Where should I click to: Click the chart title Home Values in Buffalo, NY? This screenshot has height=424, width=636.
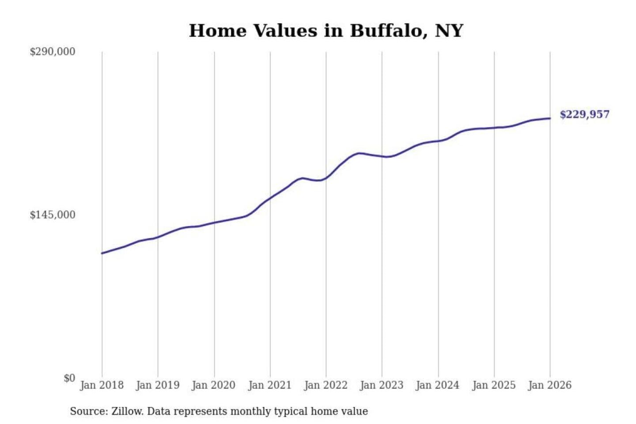(326, 31)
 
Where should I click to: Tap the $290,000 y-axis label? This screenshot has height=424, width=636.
(53, 52)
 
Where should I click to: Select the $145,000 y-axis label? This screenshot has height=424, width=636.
(53, 215)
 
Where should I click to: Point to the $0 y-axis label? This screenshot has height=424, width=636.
(69, 378)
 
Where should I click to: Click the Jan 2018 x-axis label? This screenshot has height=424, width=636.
(102, 385)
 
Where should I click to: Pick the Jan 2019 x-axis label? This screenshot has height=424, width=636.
(158, 385)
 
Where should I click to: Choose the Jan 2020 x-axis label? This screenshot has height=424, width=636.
(214, 385)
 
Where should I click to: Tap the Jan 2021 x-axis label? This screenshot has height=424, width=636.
(270, 385)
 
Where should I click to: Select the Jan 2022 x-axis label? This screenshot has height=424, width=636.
(326, 385)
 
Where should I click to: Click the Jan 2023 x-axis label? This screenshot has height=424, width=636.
(382, 385)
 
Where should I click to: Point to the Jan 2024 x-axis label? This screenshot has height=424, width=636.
(438, 385)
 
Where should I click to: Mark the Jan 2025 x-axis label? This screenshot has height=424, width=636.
(494, 385)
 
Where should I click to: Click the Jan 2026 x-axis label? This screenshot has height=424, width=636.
(550, 385)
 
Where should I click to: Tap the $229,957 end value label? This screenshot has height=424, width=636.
(584, 115)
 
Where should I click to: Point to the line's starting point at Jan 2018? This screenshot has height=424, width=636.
(102, 253)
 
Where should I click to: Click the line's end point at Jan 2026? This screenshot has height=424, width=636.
(550, 118)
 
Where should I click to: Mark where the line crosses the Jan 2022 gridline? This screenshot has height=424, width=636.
(326, 178)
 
